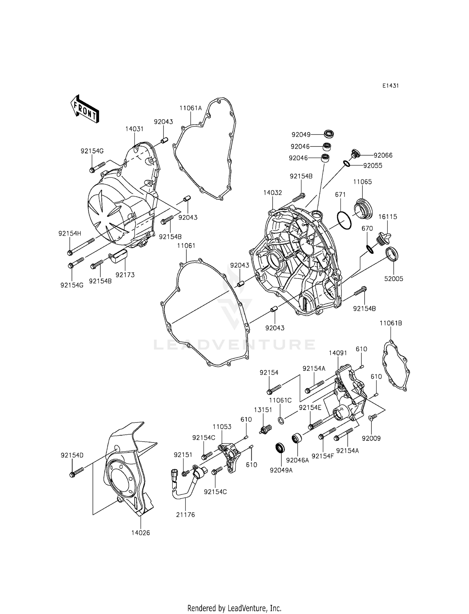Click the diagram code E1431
pyautogui.click(x=390, y=86)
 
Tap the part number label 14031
pyautogui.click(x=134, y=129)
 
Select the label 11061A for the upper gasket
pyautogui.click(x=190, y=108)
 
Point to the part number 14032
pyautogui.click(x=272, y=193)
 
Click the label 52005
pyautogui.click(x=394, y=279)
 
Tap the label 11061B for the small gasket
pyautogui.click(x=391, y=323)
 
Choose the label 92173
pyautogui.click(x=125, y=275)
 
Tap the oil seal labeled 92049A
pyautogui.click(x=280, y=448)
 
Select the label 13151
pyautogui.click(x=263, y=410)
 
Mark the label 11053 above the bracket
pyautogui.click(x=222, y=427)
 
